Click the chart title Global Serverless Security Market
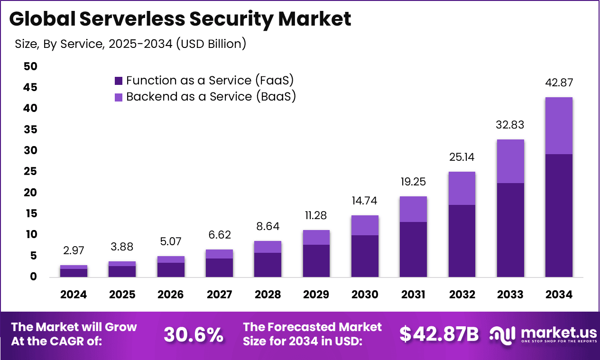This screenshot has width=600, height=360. (x=180, y=19)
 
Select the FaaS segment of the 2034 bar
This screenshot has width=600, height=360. (x=558, y=215)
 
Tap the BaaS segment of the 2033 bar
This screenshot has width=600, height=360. (x=510, y=161)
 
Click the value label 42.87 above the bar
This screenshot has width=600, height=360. (x=558, y=83)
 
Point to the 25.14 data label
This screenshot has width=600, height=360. (x=462, y=157)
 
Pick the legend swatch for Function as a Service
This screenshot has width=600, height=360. (x=119, y=81)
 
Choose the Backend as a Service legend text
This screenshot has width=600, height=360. (x=211, y=97)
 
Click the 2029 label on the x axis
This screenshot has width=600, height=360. (x=316, y=295)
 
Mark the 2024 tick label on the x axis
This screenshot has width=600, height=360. (x=74, y=295)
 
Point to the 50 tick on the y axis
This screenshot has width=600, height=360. (x=30, y=66)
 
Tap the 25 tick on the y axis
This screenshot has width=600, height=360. (x=30, y=172)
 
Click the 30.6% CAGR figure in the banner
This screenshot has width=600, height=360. (x=194, y=335)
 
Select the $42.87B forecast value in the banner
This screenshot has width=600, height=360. (x=439, y=334)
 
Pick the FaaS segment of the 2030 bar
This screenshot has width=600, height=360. (x=365, y=256)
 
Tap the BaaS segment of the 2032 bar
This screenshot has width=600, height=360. (x=462, y=188)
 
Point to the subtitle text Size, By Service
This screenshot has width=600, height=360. (x=130, y=44)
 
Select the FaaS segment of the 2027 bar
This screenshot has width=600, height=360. (x=219, y=268)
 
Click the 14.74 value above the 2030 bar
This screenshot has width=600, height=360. (x=365, y=201)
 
